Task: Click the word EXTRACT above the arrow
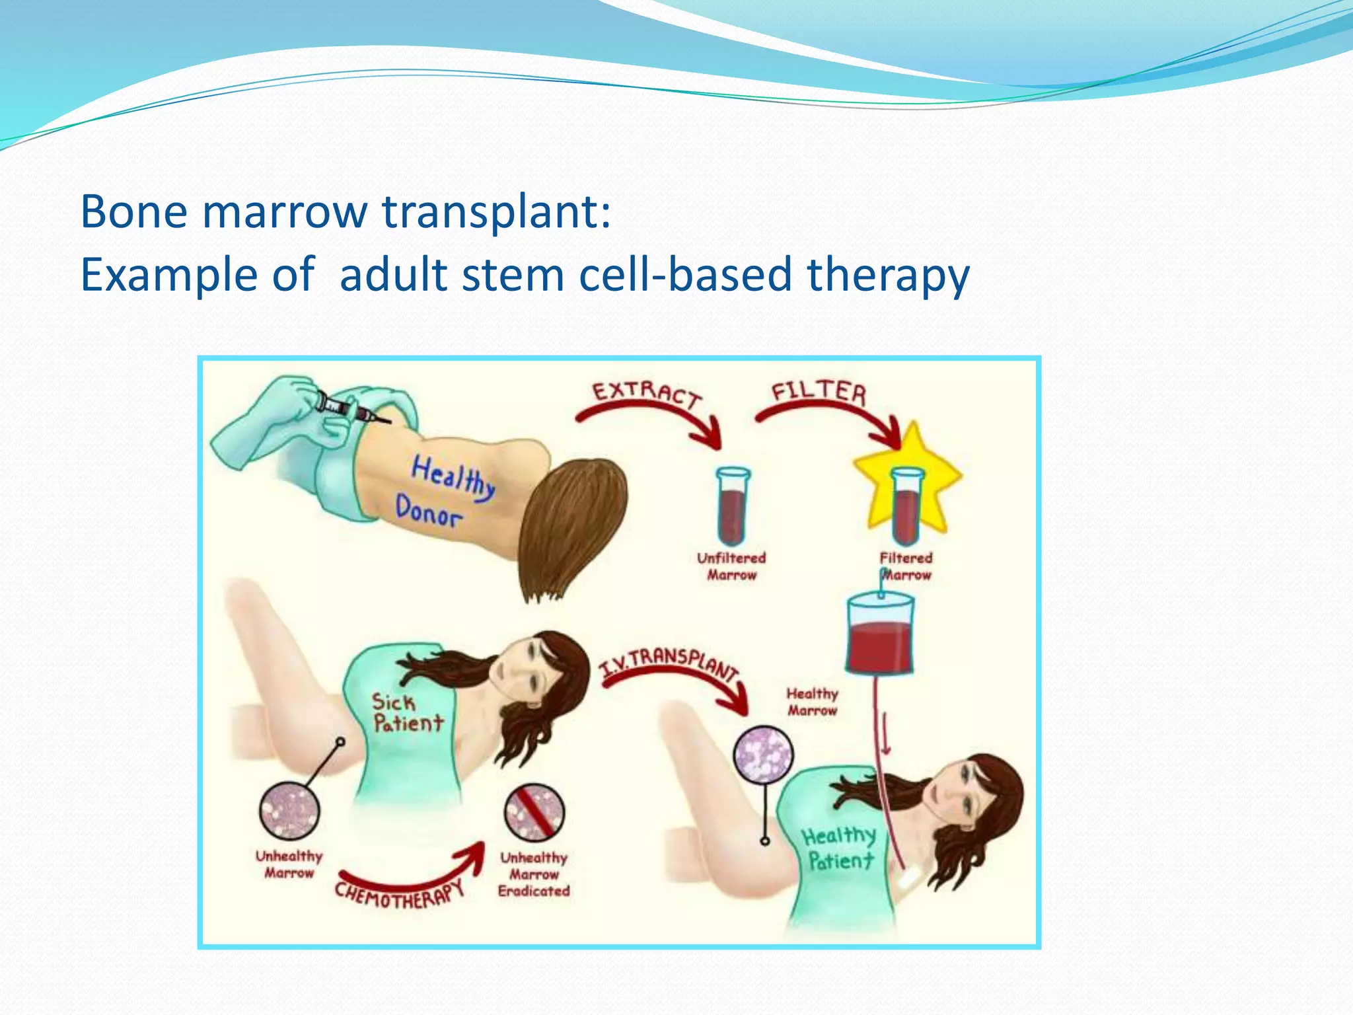point(646,395)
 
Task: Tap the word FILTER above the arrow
point(819,392)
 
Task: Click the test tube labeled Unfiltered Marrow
point(733,505)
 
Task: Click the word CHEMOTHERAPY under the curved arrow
point(399,895)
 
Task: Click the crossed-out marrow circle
point(534,812)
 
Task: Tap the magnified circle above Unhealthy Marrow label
point(289,811)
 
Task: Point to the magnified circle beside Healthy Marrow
point(764,755)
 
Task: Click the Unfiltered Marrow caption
point(731,566)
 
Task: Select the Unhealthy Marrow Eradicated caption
point(534,874)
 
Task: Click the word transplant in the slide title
point(497,213)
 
